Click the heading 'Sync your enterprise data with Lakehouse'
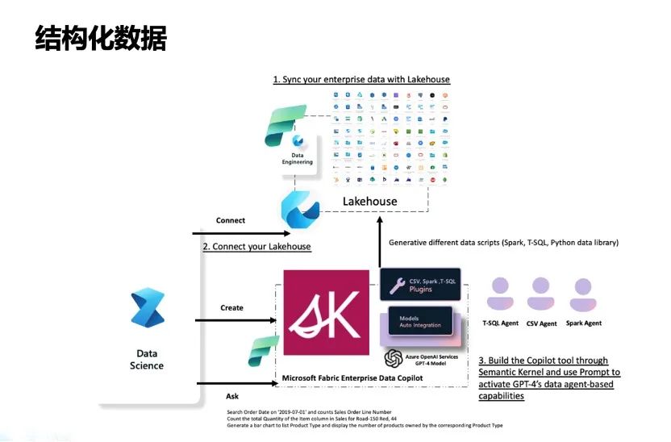[361, 79]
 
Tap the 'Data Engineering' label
[297, 157]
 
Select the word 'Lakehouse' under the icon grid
[370, 201]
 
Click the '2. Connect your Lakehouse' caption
[256, 246]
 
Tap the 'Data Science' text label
[147, 359]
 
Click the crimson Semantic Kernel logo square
[326, 313]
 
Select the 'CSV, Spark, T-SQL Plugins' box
[419, 285]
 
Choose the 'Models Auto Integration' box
[419, 322]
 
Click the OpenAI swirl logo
[394, 357]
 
